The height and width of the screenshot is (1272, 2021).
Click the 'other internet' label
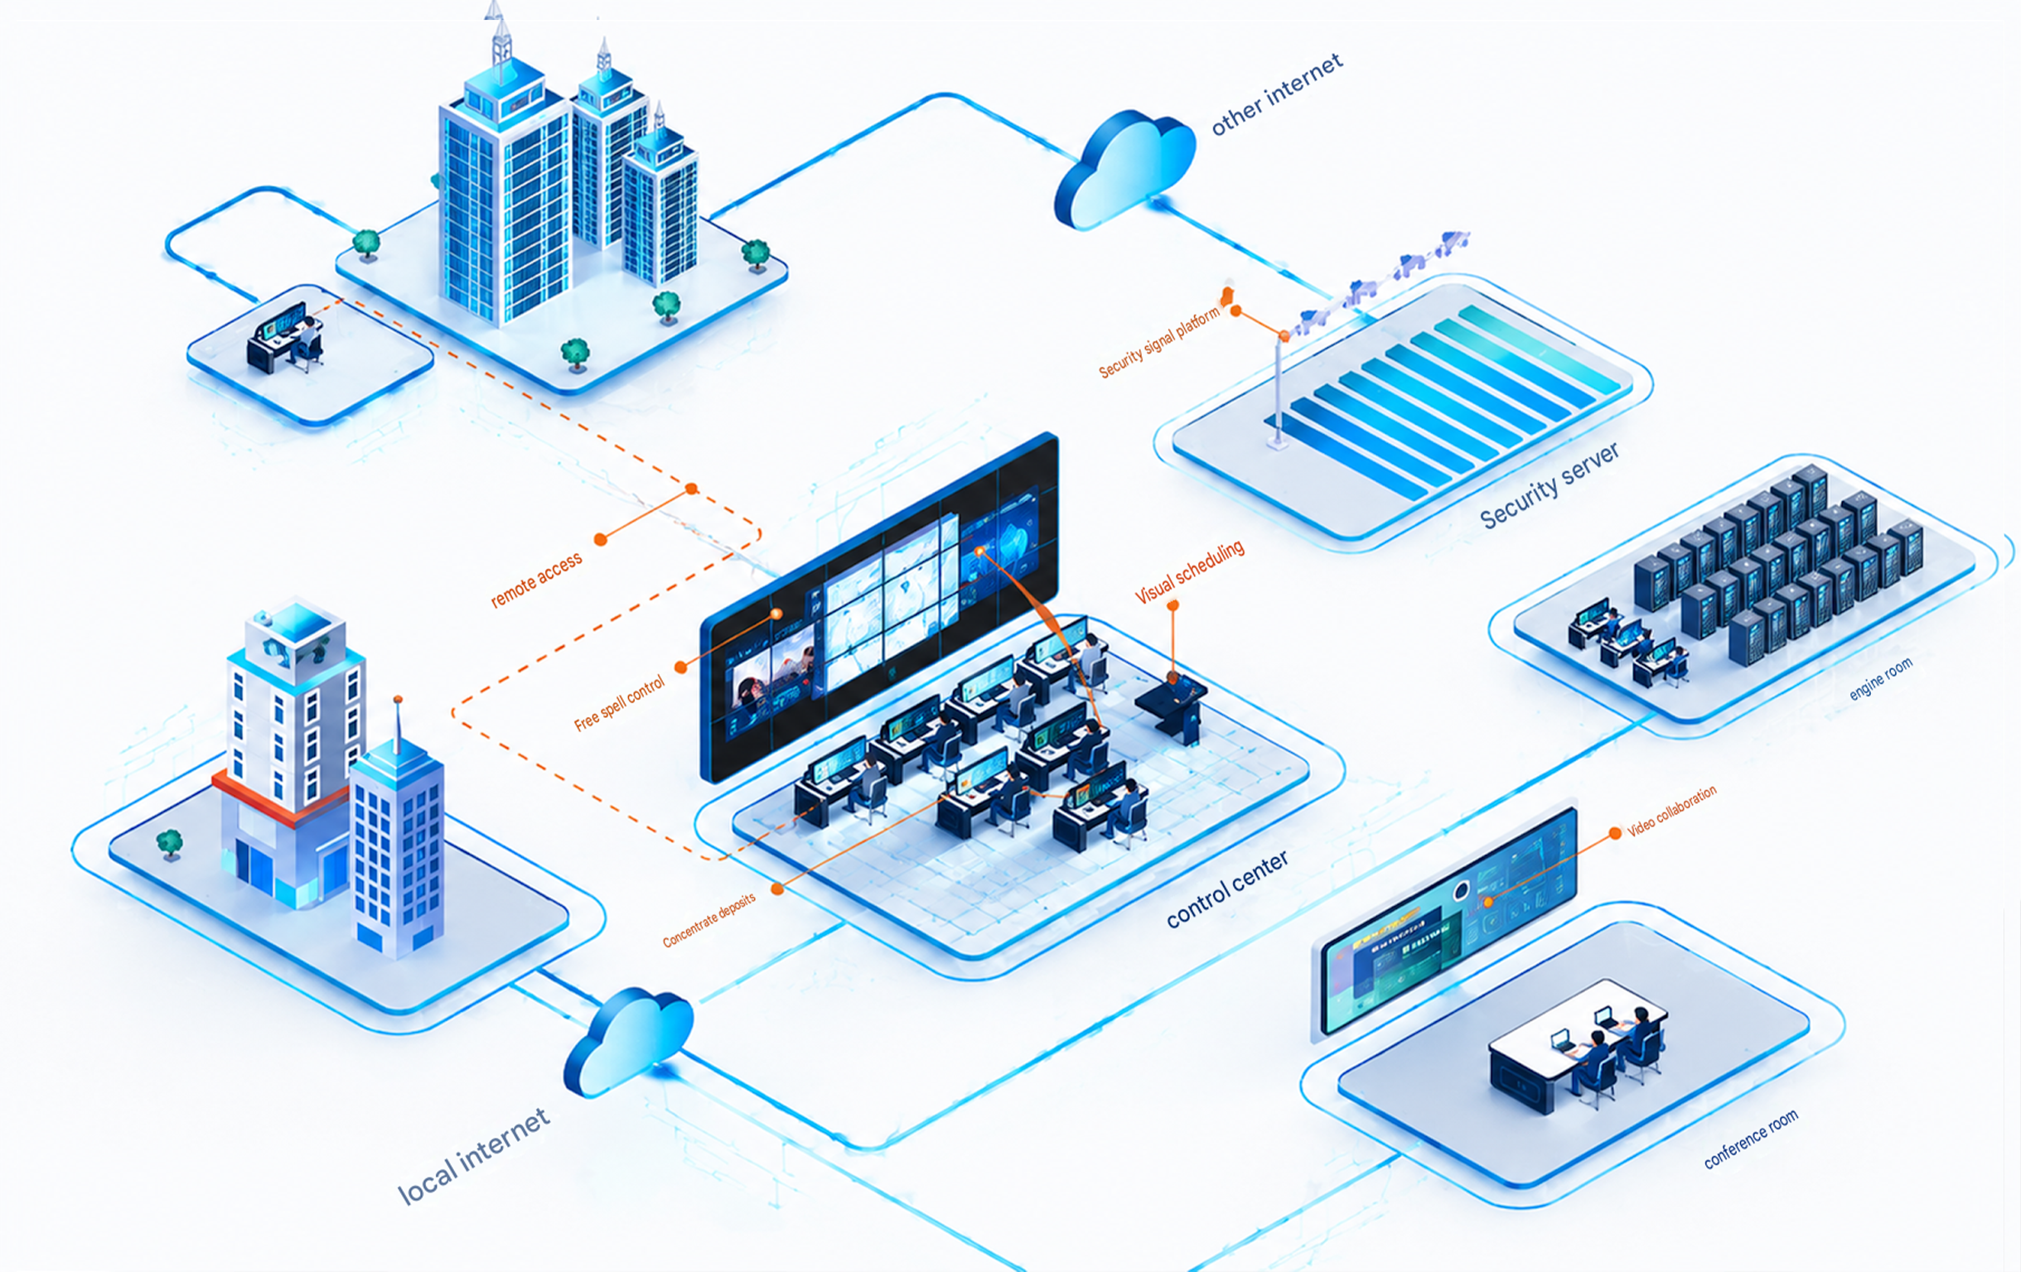[1277, 94]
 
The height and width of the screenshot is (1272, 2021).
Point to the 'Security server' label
[1550, 486]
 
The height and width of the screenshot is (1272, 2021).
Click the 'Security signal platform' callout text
[1159, 342]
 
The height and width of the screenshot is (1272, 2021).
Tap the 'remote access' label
[536, 579]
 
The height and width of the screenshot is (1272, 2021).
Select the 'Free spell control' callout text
[620, 703]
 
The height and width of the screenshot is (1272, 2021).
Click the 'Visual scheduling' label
[1189, 572]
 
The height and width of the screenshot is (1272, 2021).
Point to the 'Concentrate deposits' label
[709, 919]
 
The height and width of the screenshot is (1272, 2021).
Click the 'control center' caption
[1227, 889]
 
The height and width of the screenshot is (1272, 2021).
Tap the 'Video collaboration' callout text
[1672, 812]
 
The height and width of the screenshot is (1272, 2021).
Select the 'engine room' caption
[1881, 678]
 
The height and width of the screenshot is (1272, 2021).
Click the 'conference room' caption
[1751, 1139]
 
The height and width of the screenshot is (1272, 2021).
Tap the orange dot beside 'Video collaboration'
[1615, 833]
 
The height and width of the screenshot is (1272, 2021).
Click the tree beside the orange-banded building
[170, 843]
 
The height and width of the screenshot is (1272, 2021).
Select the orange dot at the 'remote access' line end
[601, 539]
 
